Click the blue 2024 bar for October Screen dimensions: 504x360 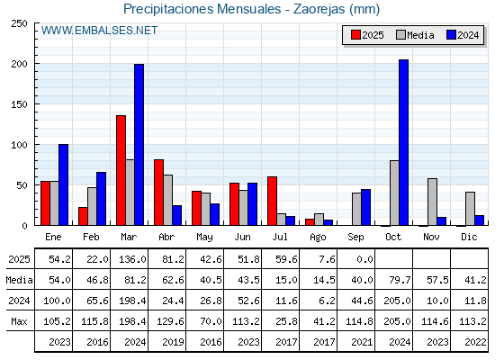click(x=404, y=142)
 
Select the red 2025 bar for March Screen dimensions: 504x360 click(x=121, y=170)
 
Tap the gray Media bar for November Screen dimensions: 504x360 click(x=432, y=202)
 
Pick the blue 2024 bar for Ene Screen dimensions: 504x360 click(x=63, y=184)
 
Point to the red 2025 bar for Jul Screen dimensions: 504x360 click(x=272, y=201)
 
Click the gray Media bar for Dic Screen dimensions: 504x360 click(x=470, y=209)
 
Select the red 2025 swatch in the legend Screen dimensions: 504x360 click(x=355, y=35)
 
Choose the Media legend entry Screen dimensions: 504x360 click(x=415, y=35)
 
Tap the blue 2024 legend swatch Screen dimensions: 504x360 click(x=451, y=35)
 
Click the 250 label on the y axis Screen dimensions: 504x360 click(x=19, y=23)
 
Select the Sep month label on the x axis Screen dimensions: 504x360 click(x=355, y=238)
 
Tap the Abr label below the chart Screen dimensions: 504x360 click(x=166, y=238)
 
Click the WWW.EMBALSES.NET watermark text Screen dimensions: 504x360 click(x=99, y=31)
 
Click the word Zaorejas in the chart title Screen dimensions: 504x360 click(x=319, y=9)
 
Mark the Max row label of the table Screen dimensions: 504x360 click(x=19, y=321)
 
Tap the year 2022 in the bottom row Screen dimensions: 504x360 click(x=475, y=342)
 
